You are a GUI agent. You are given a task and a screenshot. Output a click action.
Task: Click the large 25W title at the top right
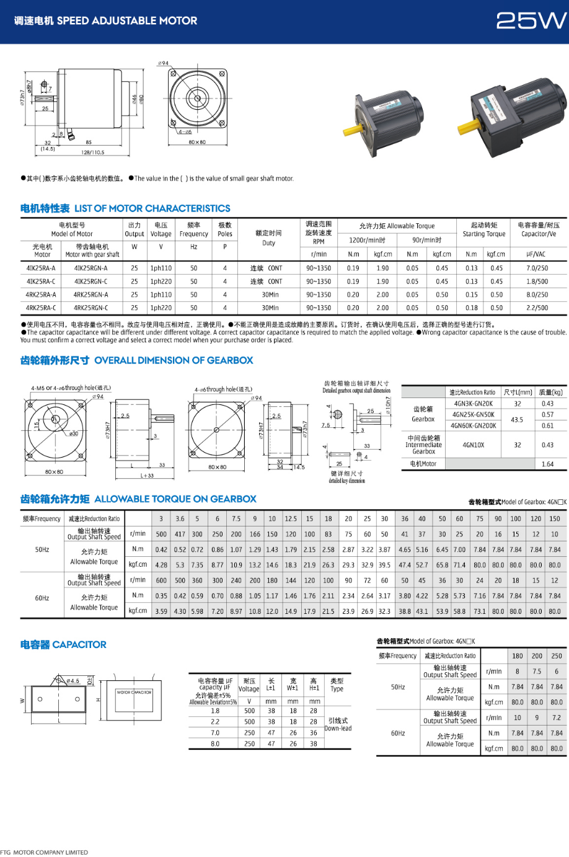click(x=531, y=21)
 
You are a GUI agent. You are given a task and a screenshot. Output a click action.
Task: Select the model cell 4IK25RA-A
click(x=41, y=269)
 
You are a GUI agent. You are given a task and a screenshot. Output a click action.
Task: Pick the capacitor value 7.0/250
click(x=537, y=269)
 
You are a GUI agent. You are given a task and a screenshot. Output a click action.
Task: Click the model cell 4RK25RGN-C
click(x=90, y=308)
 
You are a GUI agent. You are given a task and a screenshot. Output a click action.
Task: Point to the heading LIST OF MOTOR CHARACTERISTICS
click(x=152, y=208)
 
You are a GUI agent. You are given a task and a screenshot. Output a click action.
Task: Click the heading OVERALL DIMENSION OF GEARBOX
click(x=174, y=360)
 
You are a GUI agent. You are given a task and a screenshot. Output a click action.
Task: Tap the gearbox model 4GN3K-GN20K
click(x=474, y=404)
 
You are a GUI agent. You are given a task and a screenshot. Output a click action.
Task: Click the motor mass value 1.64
click(x=547, y=464)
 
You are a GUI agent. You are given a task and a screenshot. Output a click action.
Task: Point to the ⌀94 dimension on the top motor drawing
click(x=163, y=63)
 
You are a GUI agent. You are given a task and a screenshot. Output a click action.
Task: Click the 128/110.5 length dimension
click(x=93, y=152)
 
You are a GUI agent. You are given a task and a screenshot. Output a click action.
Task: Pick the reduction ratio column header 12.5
click(x=290, y=519)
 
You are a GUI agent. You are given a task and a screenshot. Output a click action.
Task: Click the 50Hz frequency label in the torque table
click(x=42, y=549)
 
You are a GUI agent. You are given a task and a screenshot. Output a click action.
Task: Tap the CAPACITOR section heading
click(x=63, y=645)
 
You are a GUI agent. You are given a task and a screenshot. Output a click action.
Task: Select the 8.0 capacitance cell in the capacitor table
click(x=215, y=744)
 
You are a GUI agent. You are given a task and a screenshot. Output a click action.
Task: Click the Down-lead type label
click(x=337, y=725)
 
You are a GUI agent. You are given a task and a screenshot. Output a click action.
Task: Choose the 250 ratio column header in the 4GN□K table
click(x=557, y=655)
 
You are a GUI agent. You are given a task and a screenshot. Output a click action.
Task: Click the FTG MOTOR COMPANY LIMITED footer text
click(x=44, y=852)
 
